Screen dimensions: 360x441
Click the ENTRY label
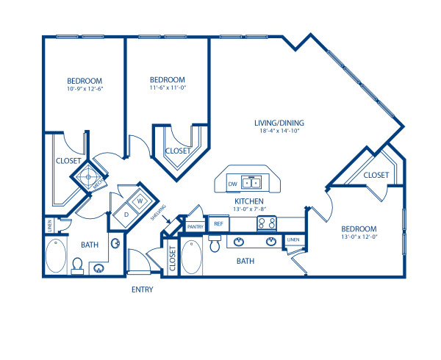[142, 289]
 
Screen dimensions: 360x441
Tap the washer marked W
[139, 198]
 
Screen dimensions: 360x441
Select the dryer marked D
[126, 215]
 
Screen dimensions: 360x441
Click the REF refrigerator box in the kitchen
[218, 223]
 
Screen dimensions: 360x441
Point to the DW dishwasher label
[232, 184]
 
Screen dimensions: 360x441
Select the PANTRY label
[195, 227]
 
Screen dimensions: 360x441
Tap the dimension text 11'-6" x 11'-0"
[167, 89]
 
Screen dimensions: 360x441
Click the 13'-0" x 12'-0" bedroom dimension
[359, 238]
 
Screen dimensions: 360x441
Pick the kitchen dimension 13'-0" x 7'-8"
[249, 209]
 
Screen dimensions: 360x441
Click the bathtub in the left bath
[55, 259]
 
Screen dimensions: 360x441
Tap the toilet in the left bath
[78, 264]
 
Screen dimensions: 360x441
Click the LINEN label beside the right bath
[293, 240]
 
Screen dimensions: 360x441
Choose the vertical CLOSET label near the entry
[173, 259]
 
